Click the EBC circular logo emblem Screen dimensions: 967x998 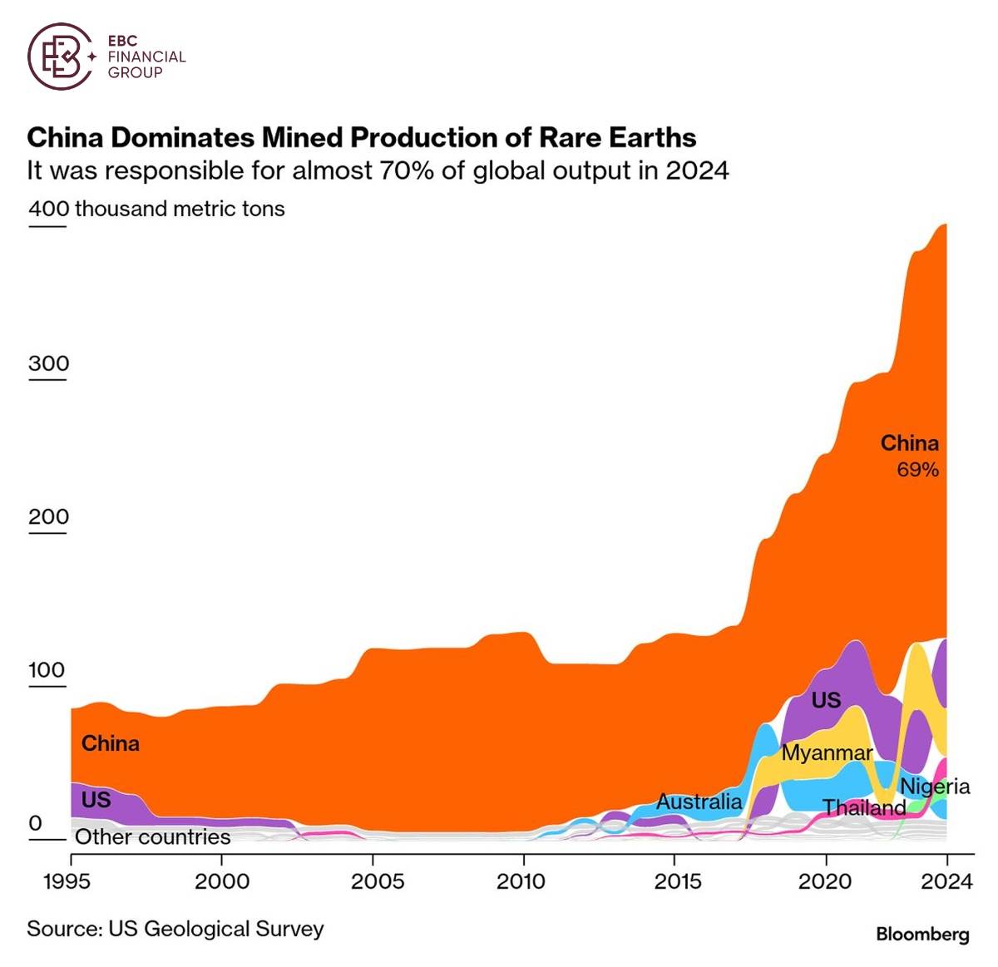[60, 56]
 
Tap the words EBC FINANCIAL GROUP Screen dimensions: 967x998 [146, 57]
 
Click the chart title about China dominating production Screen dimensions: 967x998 [361, 137]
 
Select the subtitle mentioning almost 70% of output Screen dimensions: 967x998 [378, 170]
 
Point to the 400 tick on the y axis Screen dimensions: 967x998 [48, 208]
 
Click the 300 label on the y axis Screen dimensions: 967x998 [48, 363]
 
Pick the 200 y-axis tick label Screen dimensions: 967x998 [48, 516]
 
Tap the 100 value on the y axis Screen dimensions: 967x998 [47, 670]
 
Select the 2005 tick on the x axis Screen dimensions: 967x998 [377, 881]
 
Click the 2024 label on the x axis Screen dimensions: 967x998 [946, 881]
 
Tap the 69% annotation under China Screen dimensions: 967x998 [917, 470]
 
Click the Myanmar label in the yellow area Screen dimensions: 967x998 [827, 753]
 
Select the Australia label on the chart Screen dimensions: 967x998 [699, 802]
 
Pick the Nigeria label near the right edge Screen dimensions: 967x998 [935, 787]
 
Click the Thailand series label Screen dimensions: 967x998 [864, 807]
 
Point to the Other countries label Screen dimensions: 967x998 [153, 836]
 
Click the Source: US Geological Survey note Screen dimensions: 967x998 [175, 929]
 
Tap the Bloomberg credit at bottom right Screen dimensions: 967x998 [922, 934]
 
